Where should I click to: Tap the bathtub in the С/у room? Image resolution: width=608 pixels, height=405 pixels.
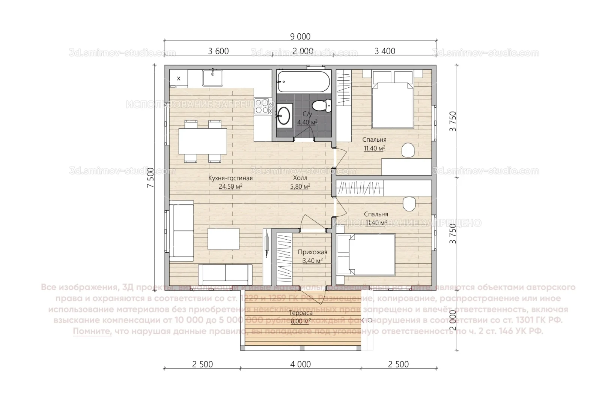304,82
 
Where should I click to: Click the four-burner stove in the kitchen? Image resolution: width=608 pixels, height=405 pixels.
262,106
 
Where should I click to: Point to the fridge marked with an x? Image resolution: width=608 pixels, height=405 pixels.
179,78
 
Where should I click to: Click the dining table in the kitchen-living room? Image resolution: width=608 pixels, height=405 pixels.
203,141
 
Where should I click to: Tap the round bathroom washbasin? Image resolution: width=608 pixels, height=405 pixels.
284,115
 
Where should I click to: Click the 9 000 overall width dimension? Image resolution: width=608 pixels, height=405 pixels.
300,36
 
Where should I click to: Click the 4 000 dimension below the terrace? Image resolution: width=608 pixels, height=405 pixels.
301,364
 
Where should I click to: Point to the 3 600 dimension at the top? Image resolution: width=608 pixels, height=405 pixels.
218,51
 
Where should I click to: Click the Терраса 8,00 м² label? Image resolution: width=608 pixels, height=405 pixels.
301,317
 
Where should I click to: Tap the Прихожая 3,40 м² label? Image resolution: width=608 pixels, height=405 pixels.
312,256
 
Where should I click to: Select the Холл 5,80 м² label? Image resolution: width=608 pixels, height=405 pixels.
300,182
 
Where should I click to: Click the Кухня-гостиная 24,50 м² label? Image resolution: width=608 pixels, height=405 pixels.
230,182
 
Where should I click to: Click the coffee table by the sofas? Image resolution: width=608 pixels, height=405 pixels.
224,239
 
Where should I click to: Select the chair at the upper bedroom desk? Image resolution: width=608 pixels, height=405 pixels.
408,150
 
